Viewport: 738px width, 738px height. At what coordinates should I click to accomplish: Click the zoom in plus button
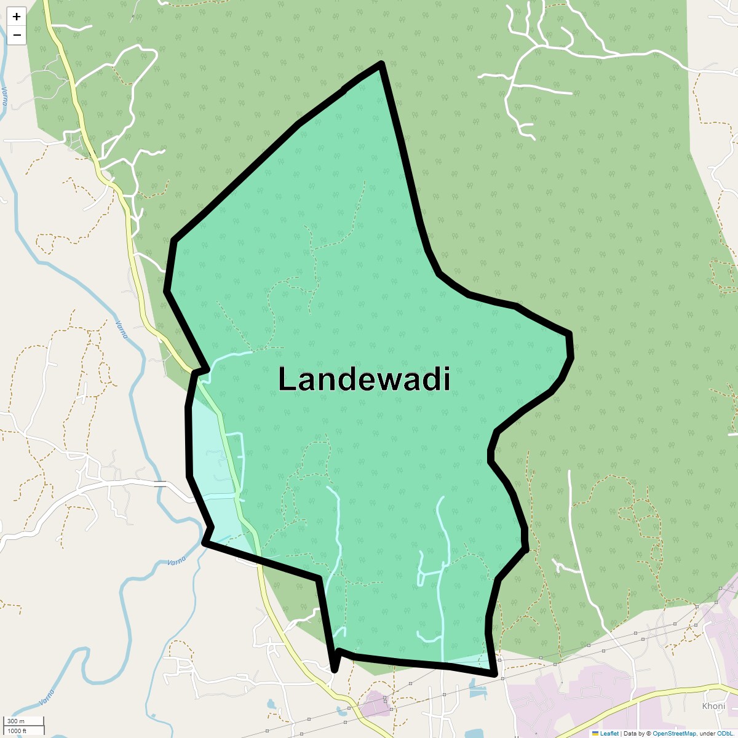(17, 17)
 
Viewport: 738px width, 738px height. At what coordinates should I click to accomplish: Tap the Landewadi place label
(364, 379)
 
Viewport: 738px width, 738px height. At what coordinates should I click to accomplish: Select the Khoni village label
(713, 706)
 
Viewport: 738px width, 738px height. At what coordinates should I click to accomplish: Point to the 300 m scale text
(16, 721)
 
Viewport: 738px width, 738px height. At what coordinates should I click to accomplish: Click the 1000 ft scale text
(17, 731)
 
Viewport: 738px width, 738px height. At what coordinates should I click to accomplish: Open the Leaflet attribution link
(609, 734)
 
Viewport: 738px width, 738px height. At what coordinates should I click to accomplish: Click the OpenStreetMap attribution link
(674, 734)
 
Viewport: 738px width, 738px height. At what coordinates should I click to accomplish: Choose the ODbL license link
(726, 734)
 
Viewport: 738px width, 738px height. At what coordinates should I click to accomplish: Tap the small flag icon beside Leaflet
(595, 734)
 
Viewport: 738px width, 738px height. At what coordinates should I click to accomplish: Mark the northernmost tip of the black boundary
(382, 64)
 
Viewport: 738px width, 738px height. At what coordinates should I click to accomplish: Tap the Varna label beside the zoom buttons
(5, 95)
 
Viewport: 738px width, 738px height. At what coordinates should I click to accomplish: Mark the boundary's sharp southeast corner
(494, 674)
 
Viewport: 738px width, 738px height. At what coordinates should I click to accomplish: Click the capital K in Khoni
(705, 706)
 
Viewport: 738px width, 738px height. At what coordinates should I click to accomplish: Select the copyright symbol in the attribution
(648, 734)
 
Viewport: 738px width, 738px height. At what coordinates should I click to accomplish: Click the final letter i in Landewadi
(447, 379)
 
